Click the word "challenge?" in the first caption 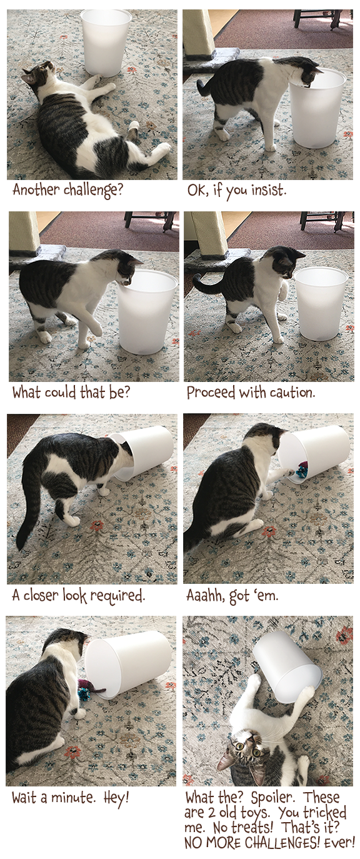click(x=92, y=190)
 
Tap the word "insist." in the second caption click(x=269, y=190)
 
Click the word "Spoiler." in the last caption click(x=272, y=798)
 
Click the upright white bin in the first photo click(x=106, y=42)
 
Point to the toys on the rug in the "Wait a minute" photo click(x=89, y=688)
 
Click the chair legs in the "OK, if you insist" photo click(x=317, y=18)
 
